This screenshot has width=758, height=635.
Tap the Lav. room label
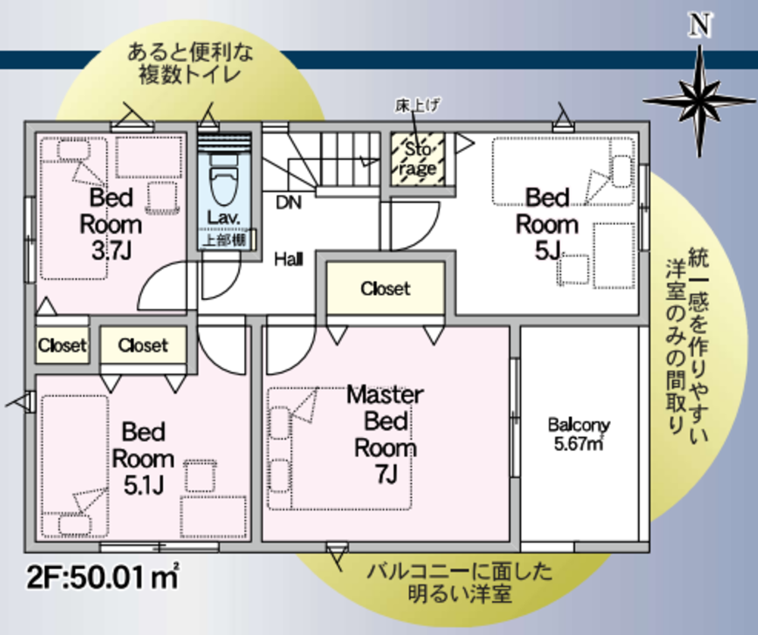224,217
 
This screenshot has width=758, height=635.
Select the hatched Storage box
418,158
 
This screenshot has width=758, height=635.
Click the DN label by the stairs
289,202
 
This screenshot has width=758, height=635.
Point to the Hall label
289,259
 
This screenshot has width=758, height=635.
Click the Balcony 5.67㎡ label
578,434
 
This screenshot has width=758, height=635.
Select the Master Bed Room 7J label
385,434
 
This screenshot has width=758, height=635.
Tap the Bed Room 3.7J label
111,224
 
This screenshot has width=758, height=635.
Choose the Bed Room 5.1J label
143,458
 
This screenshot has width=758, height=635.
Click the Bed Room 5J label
547,224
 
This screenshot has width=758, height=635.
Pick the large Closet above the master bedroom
385,289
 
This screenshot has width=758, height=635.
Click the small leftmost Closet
62,345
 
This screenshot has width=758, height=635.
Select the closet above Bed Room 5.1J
143,345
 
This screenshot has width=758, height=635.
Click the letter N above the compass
700,25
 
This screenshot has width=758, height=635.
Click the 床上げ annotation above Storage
418,105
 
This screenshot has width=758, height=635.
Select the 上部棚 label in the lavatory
224,239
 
